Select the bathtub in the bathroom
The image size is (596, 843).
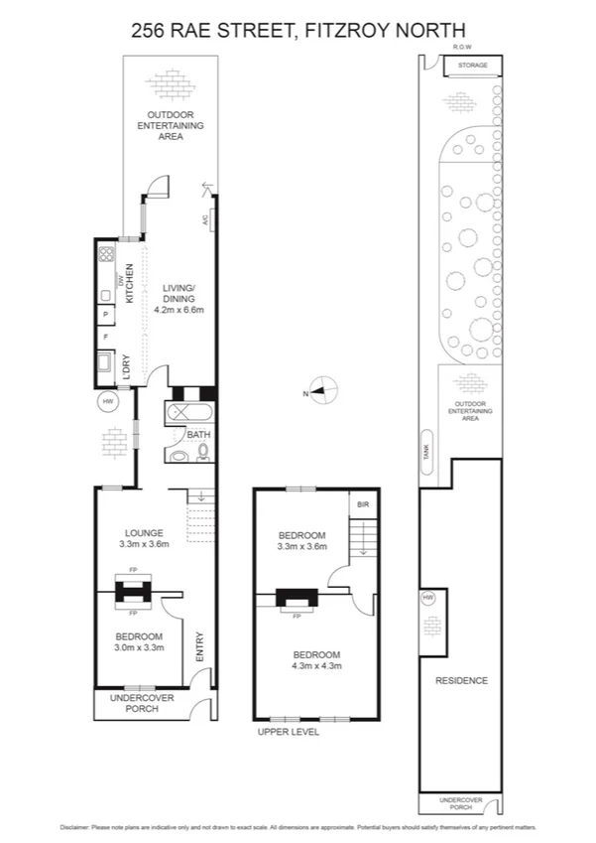[191, 412]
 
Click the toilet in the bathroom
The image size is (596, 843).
[180, 455]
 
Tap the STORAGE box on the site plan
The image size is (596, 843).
[472, 66]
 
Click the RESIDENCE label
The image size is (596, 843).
[461, 680]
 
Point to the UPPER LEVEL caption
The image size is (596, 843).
[286, 732]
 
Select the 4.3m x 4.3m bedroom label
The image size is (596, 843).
[316, 660]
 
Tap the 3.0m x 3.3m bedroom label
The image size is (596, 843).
[139, 640]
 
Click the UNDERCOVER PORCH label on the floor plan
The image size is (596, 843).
[140, 703]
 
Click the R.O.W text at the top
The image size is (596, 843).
[460, 48]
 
